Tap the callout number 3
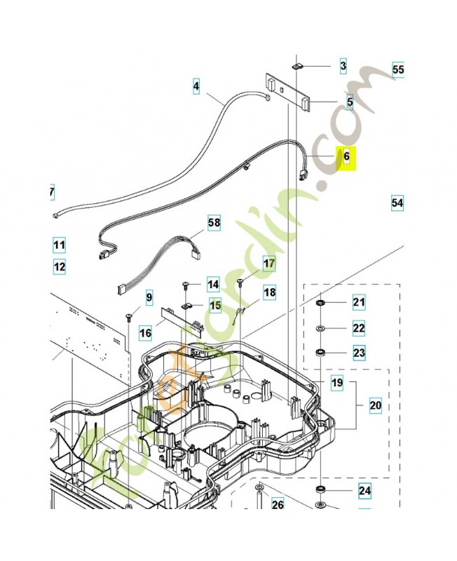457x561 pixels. click(x=343, y=67)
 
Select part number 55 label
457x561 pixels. click(x=398, y=70)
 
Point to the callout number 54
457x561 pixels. click(x=397, y=203)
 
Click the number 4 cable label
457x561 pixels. click(x=196, y=88)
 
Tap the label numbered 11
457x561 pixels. click(x=59, y=245)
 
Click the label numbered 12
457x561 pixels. click(x=59, y=266)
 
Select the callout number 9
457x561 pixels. click(x=149, y=298)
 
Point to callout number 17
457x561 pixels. click(x=269, y=264)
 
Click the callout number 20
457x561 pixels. click(x=375, y=405)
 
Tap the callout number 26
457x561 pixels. click(x=278, y=504)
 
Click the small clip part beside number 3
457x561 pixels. click(x=297, y=67)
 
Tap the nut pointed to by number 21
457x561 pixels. click(x=320, y=303)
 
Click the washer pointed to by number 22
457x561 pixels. click(x=320, y=328)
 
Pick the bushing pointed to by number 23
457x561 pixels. click(x=320, y=352)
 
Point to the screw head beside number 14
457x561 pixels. click(x=186, y=285)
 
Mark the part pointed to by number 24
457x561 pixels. click(x=320, y=489)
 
